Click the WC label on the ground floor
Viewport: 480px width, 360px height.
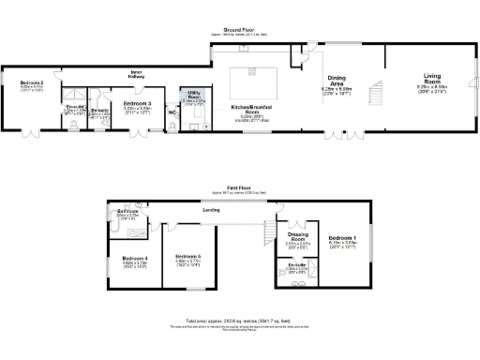pyautogui.click(x=172, y=113)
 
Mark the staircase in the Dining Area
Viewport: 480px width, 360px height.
pyautogui.click(x=374, y=93)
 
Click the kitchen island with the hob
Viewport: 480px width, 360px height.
pyautogui.click(x=251, y=73)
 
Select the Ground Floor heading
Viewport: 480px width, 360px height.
pyautogui.click(x=240, y=29)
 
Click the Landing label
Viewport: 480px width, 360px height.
pyautogui.click(x=211, y=210)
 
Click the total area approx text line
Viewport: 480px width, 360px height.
pyautogui.click(x=240, y=321)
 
